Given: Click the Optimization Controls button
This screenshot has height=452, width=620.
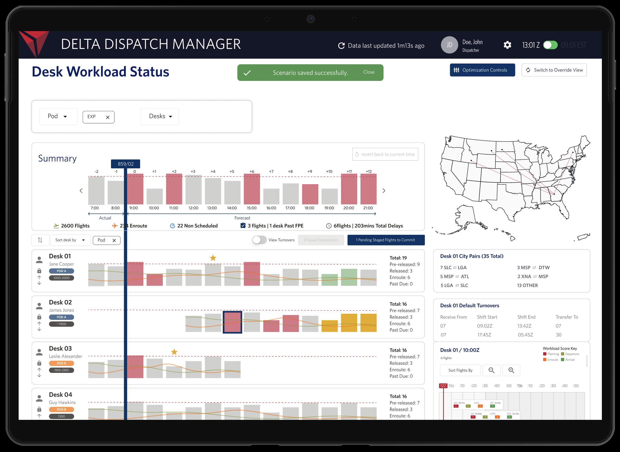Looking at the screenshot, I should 482,70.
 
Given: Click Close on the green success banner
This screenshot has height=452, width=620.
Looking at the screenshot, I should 368,72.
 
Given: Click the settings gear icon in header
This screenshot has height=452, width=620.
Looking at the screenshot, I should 507,45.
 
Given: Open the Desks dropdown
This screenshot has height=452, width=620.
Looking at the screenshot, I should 160,116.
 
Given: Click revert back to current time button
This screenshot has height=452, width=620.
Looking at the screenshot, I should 385,154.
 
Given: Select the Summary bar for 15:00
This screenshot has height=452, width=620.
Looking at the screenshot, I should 252,189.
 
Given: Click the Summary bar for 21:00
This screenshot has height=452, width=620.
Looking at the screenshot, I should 368,189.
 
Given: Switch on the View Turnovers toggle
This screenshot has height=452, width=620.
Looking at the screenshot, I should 259,240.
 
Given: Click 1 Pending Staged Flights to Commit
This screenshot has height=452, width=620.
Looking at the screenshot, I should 386,240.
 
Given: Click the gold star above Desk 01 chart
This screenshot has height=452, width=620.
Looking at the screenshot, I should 213,258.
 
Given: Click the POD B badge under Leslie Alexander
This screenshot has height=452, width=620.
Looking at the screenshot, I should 61,363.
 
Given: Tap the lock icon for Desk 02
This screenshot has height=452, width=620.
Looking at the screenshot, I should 39,317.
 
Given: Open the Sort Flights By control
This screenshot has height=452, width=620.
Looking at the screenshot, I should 460,370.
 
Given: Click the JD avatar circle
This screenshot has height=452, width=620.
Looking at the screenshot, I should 449,45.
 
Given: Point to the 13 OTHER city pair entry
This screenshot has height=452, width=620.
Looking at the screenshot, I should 527,285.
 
